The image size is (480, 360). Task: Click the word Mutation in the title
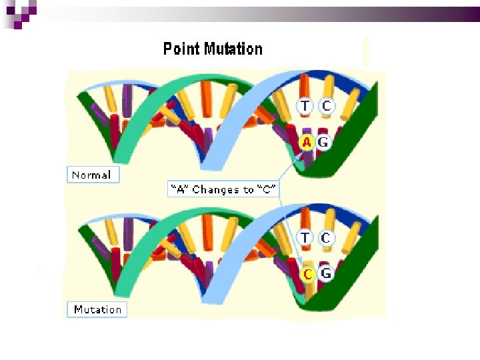(x=233, y=49)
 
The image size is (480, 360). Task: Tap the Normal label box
(x=93, y=175)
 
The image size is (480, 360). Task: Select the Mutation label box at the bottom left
(x=97, y=309)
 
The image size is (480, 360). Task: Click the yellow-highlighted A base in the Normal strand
(x=307, y=142)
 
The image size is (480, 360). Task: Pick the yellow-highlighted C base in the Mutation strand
(x=308, y=274)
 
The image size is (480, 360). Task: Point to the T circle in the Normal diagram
(x=305, y=106)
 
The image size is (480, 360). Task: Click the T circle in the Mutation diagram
(x=305, y=237)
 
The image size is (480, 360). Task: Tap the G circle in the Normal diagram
(x=323, y=142)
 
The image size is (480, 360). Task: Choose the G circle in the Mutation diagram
(x=326, y=273)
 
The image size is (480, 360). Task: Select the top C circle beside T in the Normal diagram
(x=326, y=106)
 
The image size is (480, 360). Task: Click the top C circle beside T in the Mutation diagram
(x=326, y=237)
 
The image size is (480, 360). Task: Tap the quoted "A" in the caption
(x=178, y=190)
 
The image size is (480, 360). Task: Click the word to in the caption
(x=249, y=190)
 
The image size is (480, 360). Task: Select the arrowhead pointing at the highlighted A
(x=301, y=155)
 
